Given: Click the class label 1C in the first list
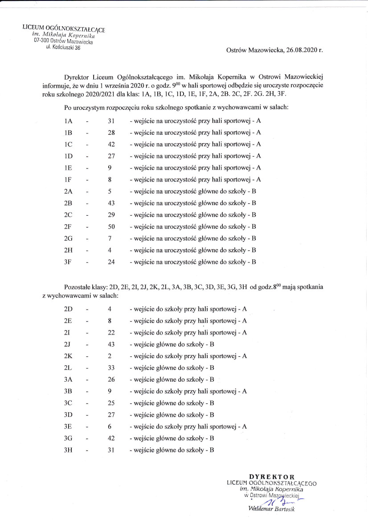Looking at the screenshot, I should [68, 144].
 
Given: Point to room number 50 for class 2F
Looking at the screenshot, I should [111, 226].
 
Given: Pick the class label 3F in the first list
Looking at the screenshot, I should [68, 262].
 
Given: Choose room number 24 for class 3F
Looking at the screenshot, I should [111, 262].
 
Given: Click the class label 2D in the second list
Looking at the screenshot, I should [68, 309].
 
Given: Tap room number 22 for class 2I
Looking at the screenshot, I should [111, 332].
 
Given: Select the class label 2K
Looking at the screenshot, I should [68, 356].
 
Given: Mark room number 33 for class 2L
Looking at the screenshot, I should [111, 368].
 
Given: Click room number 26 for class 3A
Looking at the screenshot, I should [111, 379].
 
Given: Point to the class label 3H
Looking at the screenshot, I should [68, 450].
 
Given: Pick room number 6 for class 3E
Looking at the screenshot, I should [110, 427].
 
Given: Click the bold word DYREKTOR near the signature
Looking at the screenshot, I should [272, 477].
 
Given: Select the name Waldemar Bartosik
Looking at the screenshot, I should [272, 509].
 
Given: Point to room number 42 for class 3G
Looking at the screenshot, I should [111, 439].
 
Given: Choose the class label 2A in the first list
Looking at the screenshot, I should [68, 191].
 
